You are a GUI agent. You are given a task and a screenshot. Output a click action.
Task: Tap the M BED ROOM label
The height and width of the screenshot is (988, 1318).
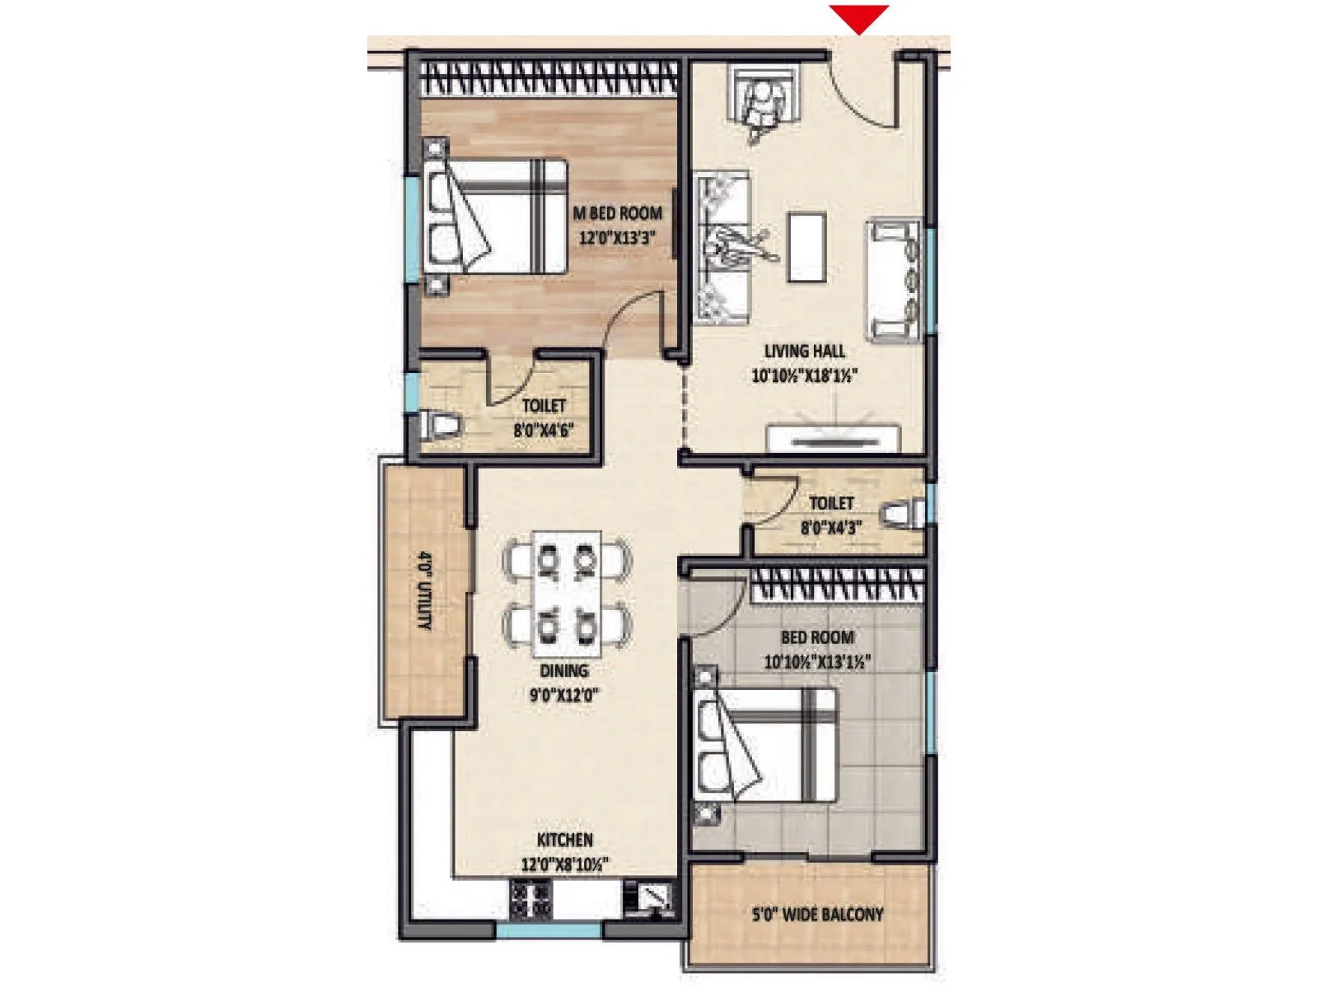[617, 213]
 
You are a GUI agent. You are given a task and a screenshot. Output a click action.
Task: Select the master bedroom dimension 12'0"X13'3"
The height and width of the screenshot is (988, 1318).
[617, 238]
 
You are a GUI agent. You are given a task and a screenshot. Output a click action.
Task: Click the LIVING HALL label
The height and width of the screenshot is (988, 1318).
[804, 351]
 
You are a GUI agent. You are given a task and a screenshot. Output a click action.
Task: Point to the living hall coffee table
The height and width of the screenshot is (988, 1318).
[806, 247]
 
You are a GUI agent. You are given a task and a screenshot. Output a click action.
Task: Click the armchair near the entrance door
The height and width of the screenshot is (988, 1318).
[765, 99]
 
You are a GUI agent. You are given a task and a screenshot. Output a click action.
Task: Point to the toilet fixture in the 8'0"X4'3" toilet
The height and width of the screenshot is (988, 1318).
[904, 515]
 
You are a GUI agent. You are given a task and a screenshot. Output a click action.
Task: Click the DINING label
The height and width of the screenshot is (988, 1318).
[564, 671]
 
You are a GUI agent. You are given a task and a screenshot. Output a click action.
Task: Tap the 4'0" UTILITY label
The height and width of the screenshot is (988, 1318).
[425, 590]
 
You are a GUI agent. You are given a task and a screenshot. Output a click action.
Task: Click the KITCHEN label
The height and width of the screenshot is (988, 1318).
[565, 840]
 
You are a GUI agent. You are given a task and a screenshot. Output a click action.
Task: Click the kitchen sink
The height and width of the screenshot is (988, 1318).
[650, 898]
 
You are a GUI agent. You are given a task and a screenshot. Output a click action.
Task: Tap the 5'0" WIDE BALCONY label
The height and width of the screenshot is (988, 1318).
[817, 914]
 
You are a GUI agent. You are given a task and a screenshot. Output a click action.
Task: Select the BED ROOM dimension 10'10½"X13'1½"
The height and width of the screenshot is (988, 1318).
[817, 662]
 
